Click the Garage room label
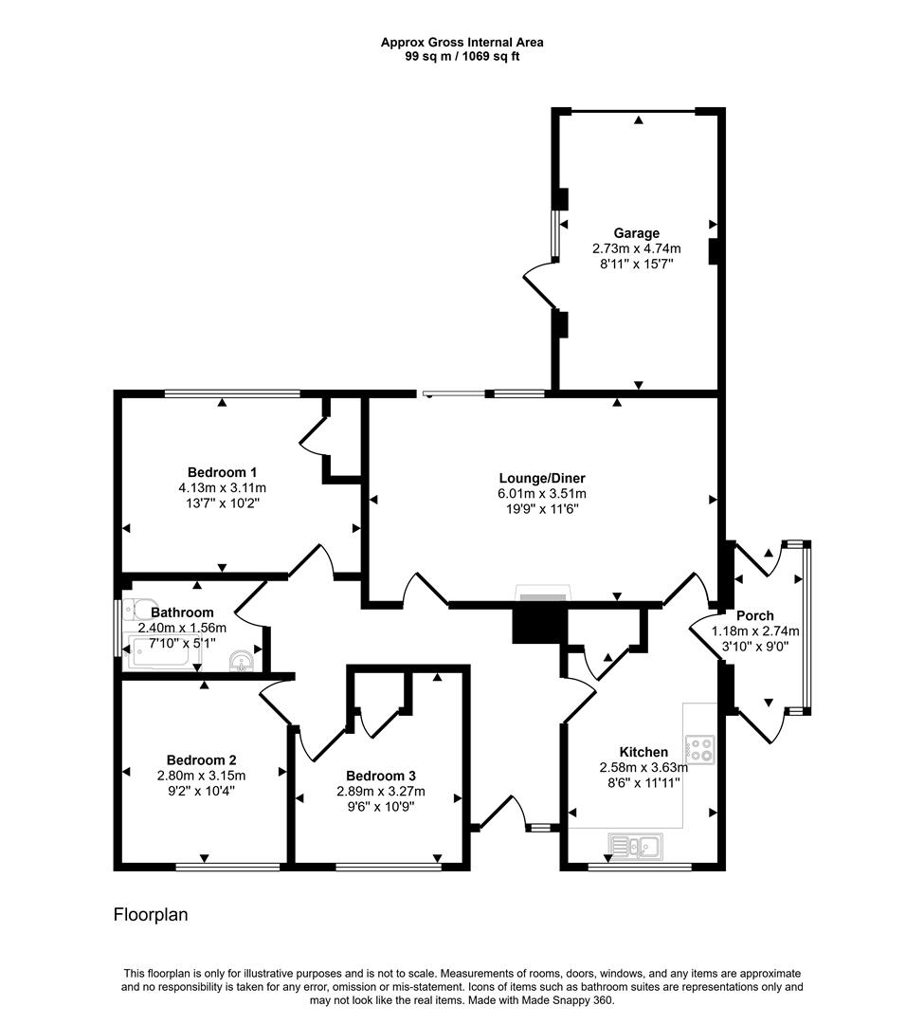click(636, 233)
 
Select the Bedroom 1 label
click(222, 472)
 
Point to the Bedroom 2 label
click(201, 759)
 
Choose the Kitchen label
click(643, 752)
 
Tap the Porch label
click(754, 615)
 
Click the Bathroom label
click(182, 613)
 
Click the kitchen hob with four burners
click(701, 750)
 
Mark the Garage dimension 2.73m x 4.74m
click(636, 249)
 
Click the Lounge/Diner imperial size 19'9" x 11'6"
click(542, 509)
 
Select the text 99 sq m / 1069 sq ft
click(462, 56)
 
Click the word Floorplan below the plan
click(151, 915)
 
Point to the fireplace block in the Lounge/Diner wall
click(539, 625)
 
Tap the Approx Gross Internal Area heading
click(462, 42)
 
